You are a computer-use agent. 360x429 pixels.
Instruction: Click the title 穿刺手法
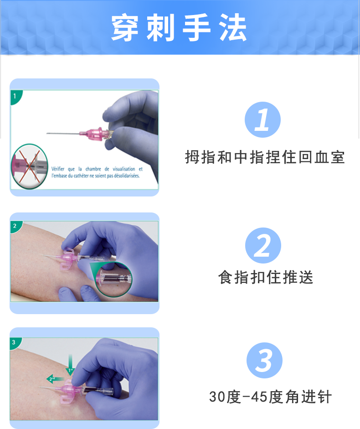click(180, 28)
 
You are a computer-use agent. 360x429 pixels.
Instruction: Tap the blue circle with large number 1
click(262, 120)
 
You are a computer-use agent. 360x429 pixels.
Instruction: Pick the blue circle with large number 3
click(264, 361)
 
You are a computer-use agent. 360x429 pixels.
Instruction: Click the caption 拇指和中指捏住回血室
click(265, 157)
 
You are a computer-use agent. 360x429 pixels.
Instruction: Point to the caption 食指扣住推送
click(266, 277)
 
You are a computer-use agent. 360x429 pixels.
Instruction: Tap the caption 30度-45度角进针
click(270, 397)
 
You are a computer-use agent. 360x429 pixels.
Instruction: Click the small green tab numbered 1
click(15, 96)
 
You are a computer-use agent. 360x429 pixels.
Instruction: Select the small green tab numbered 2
click(15, 226)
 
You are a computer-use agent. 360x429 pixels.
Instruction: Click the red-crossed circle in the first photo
click(28, 165)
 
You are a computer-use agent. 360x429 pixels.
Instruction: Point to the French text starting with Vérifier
click(97, 172)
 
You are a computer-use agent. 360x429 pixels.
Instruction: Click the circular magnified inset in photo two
click(113, 279)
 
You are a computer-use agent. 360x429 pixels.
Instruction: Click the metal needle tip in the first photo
click(48, 134)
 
